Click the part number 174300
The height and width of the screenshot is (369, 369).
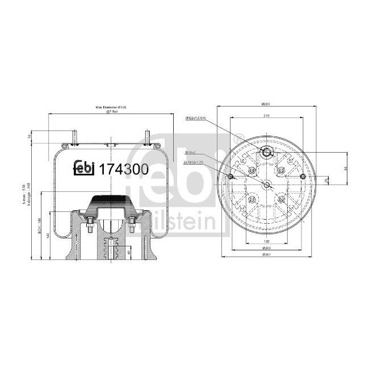tap(124, 169)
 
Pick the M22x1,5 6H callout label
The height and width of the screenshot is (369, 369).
tap(196, 118)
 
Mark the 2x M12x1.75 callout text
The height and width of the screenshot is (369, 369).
tap(194, 162)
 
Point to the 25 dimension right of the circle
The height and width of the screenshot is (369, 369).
tap(325, 180)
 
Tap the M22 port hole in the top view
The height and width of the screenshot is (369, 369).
tap(266, 153)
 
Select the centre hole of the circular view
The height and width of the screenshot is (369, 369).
tap(266, 183)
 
